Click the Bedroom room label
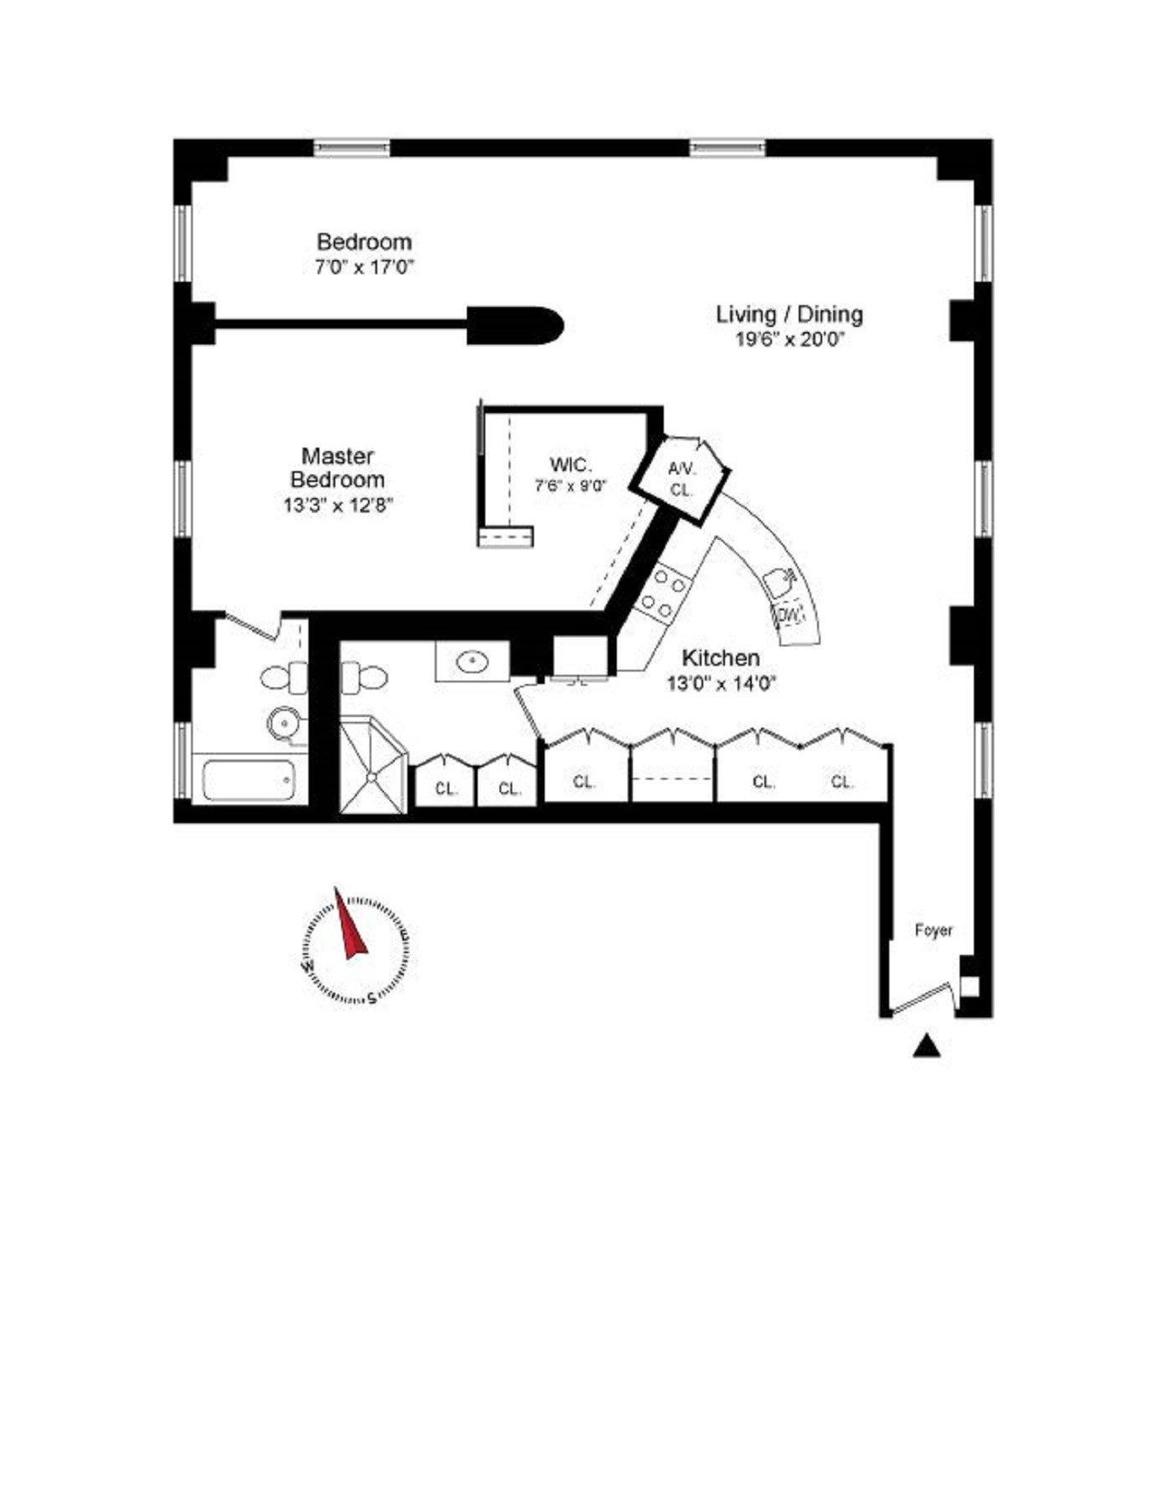pyautogui.click(x=364, y=242)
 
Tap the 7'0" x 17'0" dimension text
pyautogui.click(x=365, y=268)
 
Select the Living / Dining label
pyautogui.click(x=789, y=314)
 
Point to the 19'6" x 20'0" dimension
pyautogui.click(x=789, y=340)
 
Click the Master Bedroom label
pyautogui.click(x=337, y=468)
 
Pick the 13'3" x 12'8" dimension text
pyautogui.click(x=338, y=506)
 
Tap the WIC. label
pyautogui.click(x=570, y=464)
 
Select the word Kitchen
pyautogui.click(x=720, y=658)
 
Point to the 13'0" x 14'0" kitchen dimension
pyautogui.click(x=721, y=684)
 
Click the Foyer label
pyautogui.click(x=933, y=931)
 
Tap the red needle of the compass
pyautogui.click(x=350, y=926)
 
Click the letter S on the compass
pyautogui.click(x=371, y=998)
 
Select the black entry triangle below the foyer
pyautogui.click(x=926, y=1045)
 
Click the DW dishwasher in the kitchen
pyautogui.click(x=789, y=615)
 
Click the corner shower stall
pyautogui.click(x=372, y=765)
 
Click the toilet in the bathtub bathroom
pyautogui.click(x=283, y=677)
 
